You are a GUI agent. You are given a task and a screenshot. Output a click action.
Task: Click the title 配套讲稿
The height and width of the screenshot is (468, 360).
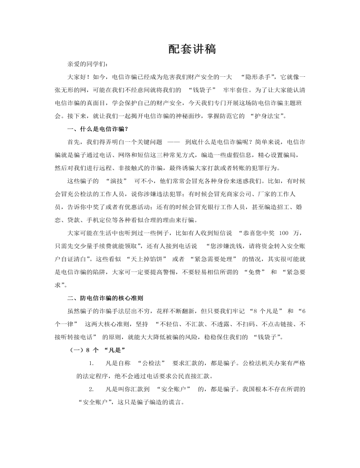click(x=192, y=49)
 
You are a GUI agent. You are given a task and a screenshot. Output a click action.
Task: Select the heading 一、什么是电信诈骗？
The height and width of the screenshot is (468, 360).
click(x=97, y=129)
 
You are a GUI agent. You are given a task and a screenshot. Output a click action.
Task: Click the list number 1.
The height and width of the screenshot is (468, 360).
click(x=92, y=363)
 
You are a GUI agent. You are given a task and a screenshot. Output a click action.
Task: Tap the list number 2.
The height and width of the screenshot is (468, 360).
click(x=92, y=389)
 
